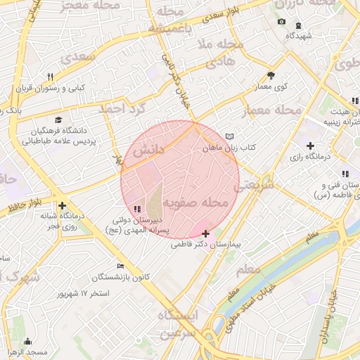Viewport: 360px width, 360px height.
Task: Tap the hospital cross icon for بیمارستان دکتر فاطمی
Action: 205,233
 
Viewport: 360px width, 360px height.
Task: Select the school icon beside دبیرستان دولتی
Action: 136,209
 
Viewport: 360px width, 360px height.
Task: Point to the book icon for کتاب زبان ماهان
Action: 229,136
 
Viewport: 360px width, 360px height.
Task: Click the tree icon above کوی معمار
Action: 271,75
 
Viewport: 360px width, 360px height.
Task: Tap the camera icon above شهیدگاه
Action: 281,22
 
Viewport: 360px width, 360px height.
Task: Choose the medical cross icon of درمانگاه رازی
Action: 310,145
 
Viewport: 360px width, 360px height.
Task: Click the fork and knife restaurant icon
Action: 50,77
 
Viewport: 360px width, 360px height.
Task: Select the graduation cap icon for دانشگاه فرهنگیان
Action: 58,120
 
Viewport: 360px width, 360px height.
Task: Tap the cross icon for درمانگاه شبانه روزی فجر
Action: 63,205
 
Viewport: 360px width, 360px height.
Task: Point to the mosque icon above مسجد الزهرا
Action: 28,341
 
